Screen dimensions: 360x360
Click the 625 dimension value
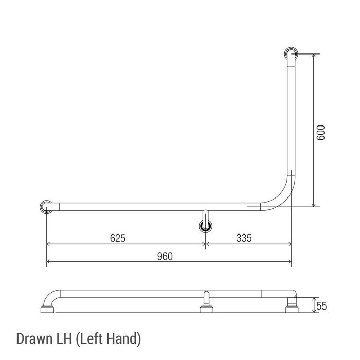click(118, 238)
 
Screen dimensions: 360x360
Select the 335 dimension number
click(244, 238)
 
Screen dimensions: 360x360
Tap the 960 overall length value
click(165, 256)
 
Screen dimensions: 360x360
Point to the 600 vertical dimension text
click(321, 133)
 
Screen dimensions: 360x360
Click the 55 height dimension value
click(321, 306)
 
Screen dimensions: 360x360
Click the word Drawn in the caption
click(34, 338)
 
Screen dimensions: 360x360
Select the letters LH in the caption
click(64, 338)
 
